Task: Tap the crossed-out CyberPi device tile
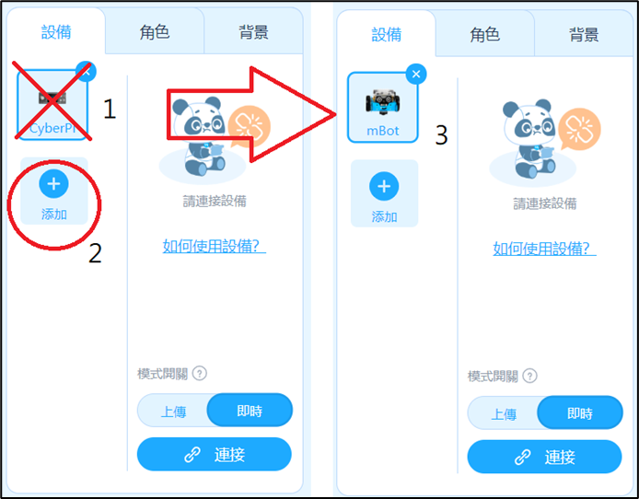click(52, 105)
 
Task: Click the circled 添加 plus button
click(53, 184)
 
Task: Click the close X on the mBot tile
click(416, 75)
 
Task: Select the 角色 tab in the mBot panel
click(484, 35)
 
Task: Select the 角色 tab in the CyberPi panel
click(155, 32)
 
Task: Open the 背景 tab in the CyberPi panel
click(253, 32)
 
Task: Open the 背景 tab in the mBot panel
click(584, 35)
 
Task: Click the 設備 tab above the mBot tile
click(387, 35)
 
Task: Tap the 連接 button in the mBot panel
click(544, 457)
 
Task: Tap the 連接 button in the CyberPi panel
click(215, 454)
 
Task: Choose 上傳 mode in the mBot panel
click(504, 414)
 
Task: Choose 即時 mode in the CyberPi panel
click(250, 411)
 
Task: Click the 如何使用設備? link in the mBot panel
click(544, 248)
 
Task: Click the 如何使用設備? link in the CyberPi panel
click(215, 246)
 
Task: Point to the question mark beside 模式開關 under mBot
click(529, 376)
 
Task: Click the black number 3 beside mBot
click(441, 134)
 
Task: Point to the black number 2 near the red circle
click(95, 253)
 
